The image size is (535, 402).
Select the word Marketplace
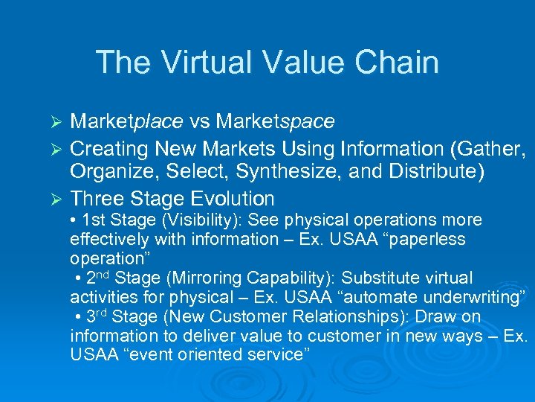pos(123,121)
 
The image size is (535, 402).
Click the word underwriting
pos(461,298)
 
